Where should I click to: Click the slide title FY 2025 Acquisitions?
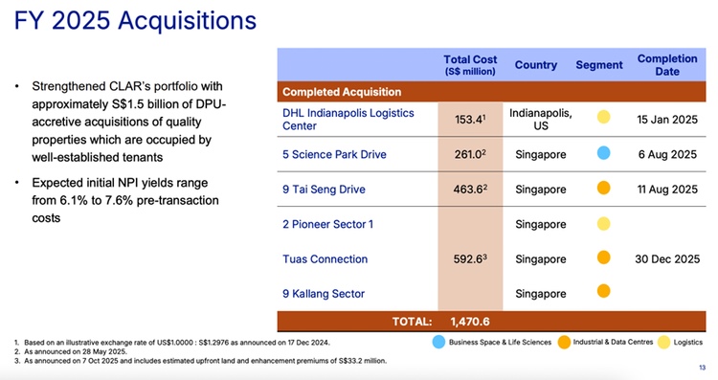point(135,20)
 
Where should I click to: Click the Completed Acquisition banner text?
point(341,92)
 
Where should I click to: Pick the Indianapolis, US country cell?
point(541,119)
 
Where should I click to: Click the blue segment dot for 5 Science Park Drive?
point(603,154)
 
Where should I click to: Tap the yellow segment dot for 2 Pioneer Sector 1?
point(603,224)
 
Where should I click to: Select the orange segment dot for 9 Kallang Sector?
point(603,292)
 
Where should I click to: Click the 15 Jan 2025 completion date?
point(667,119)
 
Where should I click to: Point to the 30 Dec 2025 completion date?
point(667,258)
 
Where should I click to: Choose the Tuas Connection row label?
point(325,258)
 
